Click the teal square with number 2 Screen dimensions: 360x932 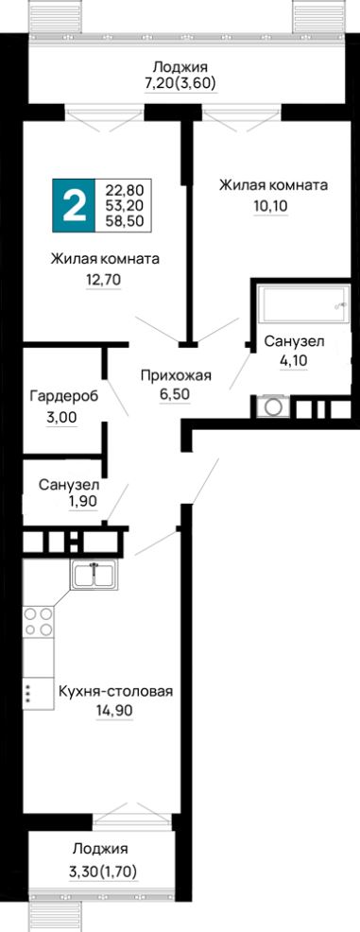pyautogui.click(x=73, y=205)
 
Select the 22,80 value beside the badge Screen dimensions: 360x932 pyautogui.click(x=125, y=191)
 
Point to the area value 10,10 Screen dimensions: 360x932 pyautogui.click(x=271, y=205)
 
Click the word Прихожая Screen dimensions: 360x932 pyautogui.click(x=176, y=375)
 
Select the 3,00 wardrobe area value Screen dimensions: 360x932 pyautogui.click(x=61, y=417)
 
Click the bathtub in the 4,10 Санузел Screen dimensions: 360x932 pyautogui.click(x=302, y=305)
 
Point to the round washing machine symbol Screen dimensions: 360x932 pyautogui.click(x=273, y=407)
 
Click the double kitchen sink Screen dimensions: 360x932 pyautogui.click(x=94, y=575)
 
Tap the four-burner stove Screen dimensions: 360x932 pyautogui.click(x=38, y=622)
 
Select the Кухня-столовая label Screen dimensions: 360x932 pyautogui.click(x=115, y=691)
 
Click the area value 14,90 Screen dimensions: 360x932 pyautogui.click(x=115, y=710)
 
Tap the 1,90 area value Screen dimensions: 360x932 pyautogui.click(x=82, y=501)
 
